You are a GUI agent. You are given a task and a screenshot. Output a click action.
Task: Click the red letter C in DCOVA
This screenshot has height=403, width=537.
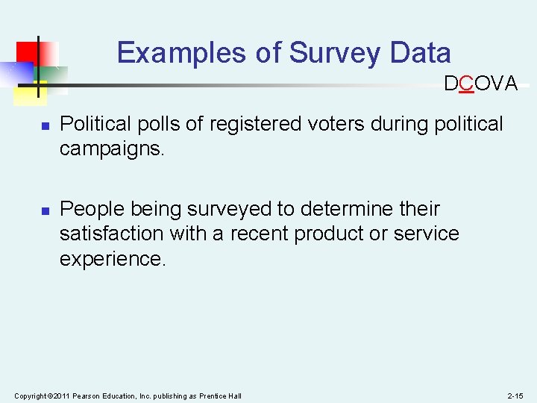tap(467, 84)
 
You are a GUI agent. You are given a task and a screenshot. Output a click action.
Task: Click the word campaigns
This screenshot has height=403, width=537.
tap(111, 149)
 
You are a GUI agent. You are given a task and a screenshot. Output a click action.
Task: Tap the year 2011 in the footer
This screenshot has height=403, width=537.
tap(62, 395)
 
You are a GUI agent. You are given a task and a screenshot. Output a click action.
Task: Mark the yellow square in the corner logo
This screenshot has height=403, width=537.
tap(30, 93)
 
